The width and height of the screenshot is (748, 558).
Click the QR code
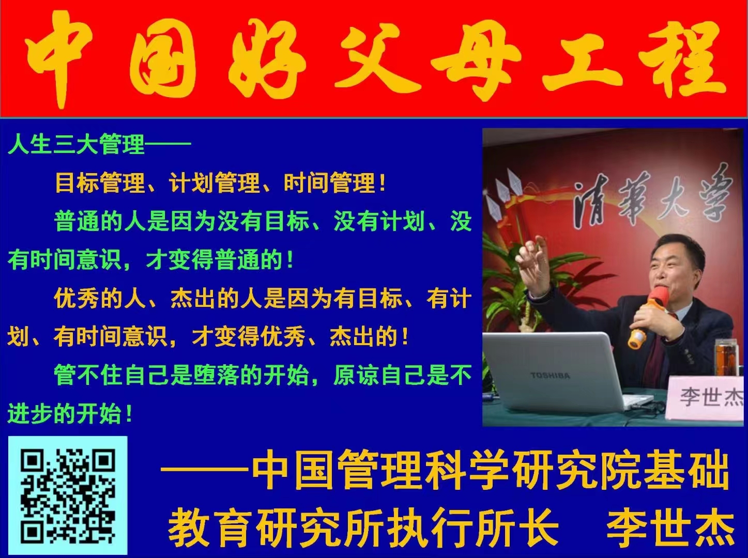pyautogui.click(x=68, y=495)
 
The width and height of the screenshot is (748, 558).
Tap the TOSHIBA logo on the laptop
pyautogui.click(x=550, y=376)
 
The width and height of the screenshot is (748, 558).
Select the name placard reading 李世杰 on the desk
pyautogui.click(x=705, y=398)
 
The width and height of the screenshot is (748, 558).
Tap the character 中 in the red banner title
pyautogui.click(x=58, y=58)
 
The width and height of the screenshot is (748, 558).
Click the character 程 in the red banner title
pyautogui.click(x=681, y=58)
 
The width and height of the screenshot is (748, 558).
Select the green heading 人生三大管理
pyautogui.click(x=77, y=144)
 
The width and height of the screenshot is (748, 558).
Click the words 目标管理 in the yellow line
pyautogui.click(x=100, y=183)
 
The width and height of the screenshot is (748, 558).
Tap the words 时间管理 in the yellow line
pyautogui.click(x=329, y=183)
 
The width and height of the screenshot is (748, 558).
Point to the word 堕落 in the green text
pyautogui.click(x=217, y=375)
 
